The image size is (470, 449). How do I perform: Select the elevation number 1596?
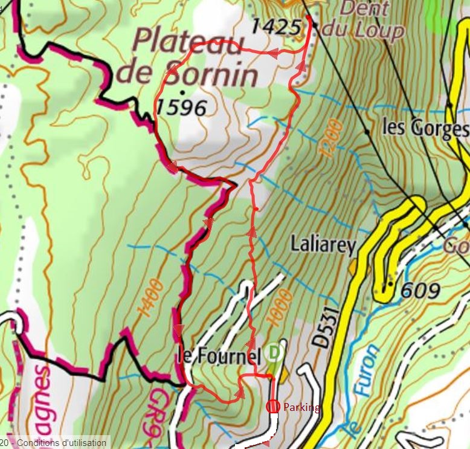tap(181, 108)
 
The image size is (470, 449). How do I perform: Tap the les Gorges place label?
tap(425, 128)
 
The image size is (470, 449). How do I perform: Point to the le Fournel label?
tap(214, 355)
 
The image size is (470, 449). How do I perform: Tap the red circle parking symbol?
tap(272, 407)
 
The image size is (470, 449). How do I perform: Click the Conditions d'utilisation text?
tap(61, 443)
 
